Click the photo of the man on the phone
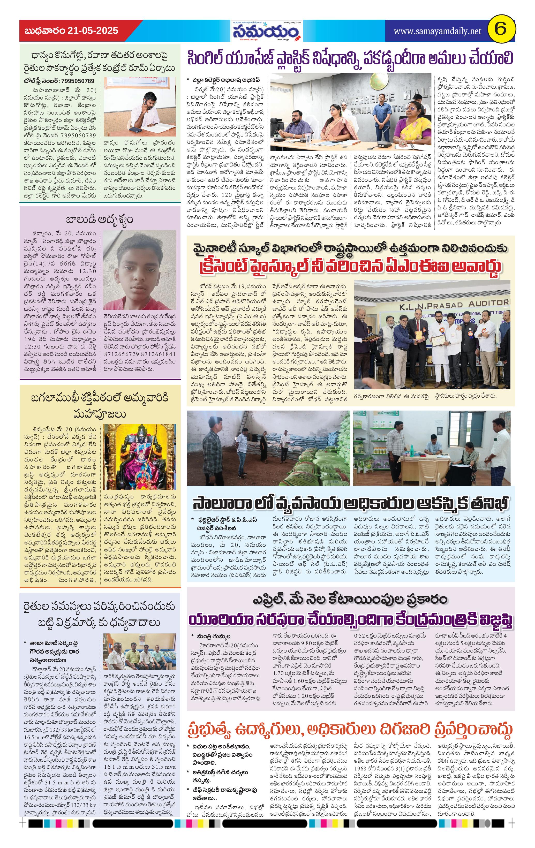140,106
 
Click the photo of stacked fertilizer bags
268,448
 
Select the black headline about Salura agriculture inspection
350,503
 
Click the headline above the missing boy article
100,220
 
